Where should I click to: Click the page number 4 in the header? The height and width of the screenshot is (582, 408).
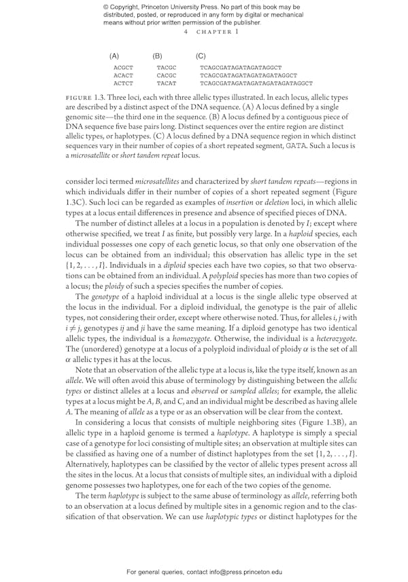tap(186, 32)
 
